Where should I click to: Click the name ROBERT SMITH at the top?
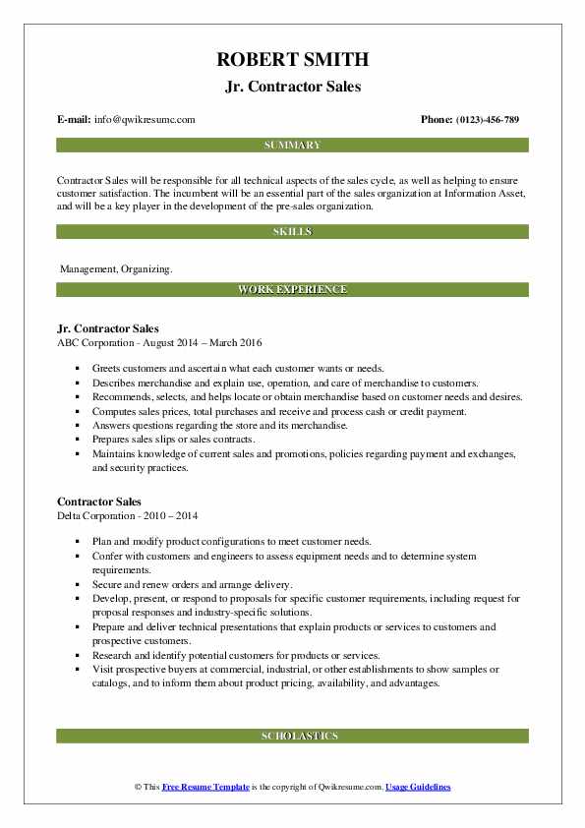click(292, 60)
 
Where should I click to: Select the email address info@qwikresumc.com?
click(146, 120)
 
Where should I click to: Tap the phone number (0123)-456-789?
click(484, 120)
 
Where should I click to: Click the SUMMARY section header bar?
click(292, 146)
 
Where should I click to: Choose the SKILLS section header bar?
click(292, 232)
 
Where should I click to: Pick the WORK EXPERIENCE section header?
click(292, 290)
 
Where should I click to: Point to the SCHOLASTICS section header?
click(292, 736)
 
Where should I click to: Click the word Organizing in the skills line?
click(146, 269)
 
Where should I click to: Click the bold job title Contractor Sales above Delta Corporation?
click(99, 502)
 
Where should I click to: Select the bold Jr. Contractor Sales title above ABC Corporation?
click(108, 328)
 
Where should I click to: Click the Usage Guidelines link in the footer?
click(418, 788)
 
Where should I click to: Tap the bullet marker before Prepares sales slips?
click(77, 440)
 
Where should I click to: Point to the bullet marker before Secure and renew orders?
click(77, 585)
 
